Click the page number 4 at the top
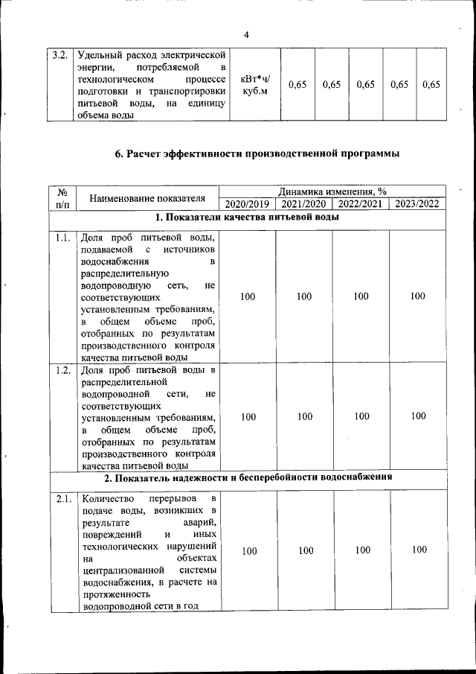click(x=246, y=35)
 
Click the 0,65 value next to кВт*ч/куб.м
click(x=297, y=85)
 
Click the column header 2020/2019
click(x=248, y=204)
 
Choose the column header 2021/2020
click(x=304, y=204)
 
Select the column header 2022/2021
click(x=361, y=204)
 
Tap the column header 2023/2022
click(x=417, y=204)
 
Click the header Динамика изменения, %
click(x=332, y=191)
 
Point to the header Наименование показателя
click(x=147, y=198)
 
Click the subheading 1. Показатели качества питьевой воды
click(x=248, y=217)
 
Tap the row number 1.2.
click(x=62, y=369)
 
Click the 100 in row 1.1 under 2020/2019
click(x=248, y=296)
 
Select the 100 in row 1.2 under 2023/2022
click(x=418, y=416)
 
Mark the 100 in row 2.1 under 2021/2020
click(x=305, y=550)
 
